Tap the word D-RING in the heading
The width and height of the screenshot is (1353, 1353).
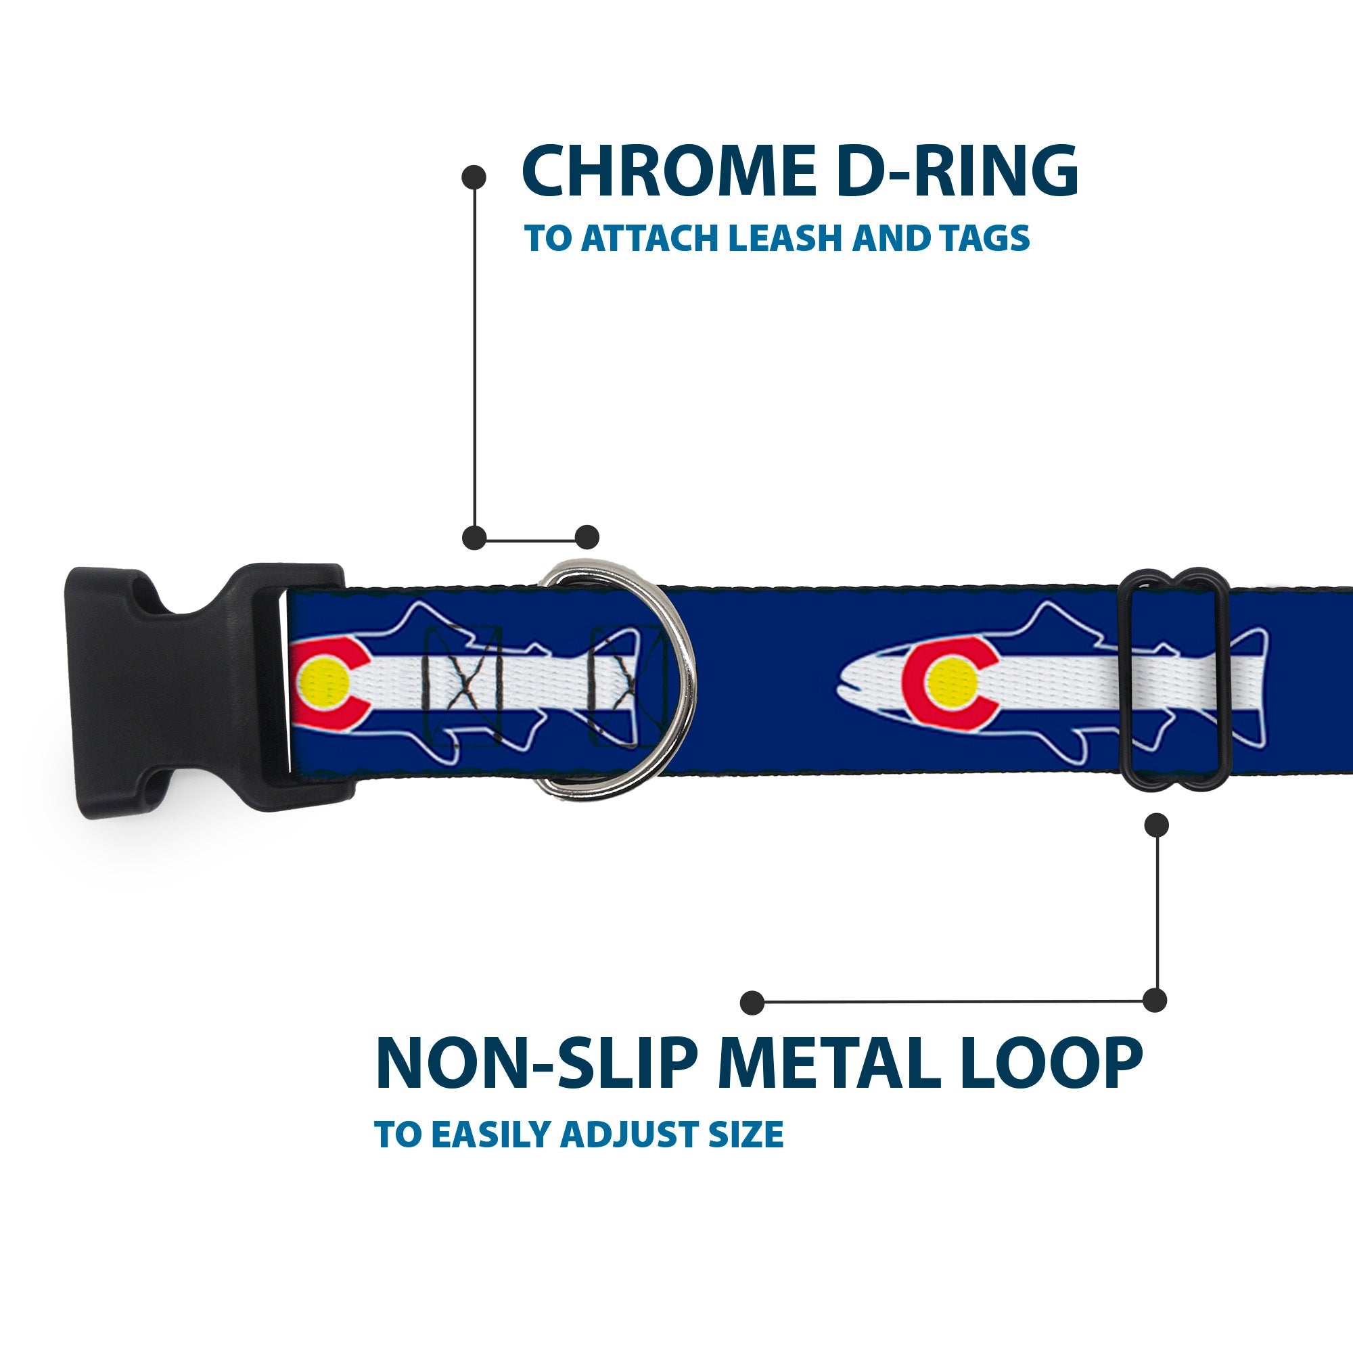(957, 173)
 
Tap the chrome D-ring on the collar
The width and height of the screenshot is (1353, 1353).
(672, 683)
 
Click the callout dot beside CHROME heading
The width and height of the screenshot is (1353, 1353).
(474, 177)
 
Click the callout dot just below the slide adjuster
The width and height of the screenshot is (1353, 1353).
(1156, 825)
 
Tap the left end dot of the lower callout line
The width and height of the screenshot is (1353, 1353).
(752, 1003)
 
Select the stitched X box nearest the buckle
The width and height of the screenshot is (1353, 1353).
(463, 686)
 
